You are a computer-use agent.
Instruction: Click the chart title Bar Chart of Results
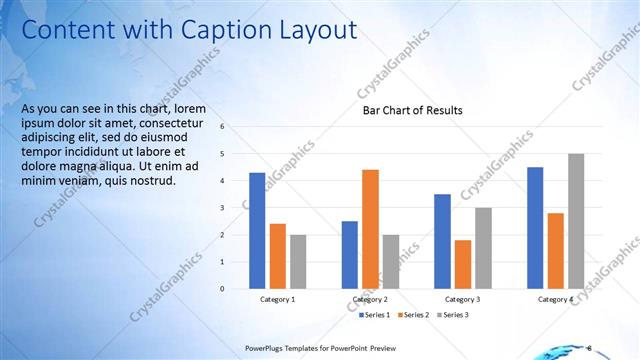tap(412, 110)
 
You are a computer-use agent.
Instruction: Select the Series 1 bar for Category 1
tap(257, 230)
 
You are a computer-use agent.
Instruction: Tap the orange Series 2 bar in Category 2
tap(370, 228)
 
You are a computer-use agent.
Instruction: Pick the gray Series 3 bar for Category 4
tap(576, 221)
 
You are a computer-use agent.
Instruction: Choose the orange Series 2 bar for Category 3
tap(462, 264)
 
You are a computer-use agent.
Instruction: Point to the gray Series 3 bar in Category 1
tap(298, 261)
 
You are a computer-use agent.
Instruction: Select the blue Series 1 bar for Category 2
tap(349, 254)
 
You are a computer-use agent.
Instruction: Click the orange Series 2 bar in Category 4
tap(555, 250)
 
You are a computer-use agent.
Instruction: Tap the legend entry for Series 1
tap(376, 315)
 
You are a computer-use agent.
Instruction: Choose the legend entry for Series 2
tap(415, 315)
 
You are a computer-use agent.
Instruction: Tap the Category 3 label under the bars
tap(462, 300)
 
